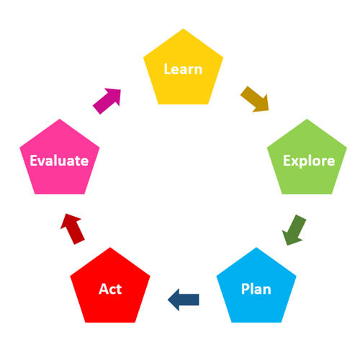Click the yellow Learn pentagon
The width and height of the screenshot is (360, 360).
183,70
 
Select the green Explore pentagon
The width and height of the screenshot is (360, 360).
307,160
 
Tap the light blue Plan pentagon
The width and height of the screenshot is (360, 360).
256,288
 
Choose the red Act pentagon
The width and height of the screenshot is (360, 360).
110,288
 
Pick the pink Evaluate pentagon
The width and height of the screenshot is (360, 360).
60,160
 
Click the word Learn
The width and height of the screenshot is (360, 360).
183,69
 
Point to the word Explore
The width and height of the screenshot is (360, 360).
309,161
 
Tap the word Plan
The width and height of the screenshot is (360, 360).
256,289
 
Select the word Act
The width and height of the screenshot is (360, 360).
110,289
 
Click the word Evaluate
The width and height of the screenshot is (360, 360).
59,161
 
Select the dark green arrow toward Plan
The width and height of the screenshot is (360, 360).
293,230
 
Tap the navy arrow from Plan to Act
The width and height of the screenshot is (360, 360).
184,300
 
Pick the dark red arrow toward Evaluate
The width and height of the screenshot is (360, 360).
72,229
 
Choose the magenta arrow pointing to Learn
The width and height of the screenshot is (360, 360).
107,101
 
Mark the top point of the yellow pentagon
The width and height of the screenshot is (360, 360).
184,29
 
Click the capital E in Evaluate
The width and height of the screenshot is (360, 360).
34,161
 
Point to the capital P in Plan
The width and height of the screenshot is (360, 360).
246,289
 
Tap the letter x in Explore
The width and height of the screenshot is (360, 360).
295,162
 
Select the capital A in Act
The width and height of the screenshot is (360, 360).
104,289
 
